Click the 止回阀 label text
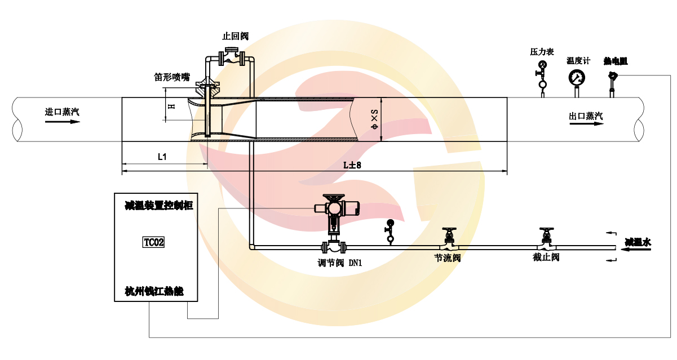pos(236,36)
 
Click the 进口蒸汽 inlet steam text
pos(62,112)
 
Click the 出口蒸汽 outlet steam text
pos(586,116)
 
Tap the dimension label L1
pos(162,157)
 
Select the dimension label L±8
pos(352,164)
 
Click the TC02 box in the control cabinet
pos(154,242)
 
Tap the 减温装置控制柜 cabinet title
pos(159,206)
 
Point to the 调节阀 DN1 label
pos(339,263)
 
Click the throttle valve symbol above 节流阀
pos(449,240)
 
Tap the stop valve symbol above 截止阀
pos(545,239)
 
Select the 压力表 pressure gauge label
pos(542,52)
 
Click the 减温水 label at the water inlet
pos(638,242)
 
